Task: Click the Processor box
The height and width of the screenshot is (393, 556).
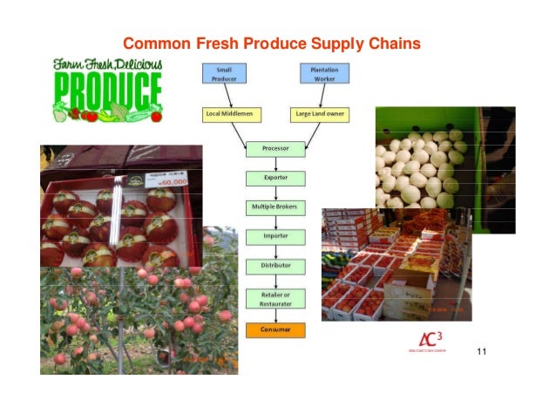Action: tap(275, 149)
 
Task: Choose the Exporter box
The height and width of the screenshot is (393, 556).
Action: tap(275, 178)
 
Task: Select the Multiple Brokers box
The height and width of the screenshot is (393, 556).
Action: tap(275, 207)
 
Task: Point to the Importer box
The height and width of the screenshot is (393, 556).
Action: tap(275, 236)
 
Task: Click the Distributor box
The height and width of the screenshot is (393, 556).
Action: tap(275, 265)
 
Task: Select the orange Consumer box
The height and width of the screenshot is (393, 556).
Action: tap(275, 330)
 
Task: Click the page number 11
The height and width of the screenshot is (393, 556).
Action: tap(481, 352)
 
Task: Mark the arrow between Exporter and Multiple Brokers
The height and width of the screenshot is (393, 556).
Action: tap(275, 193)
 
